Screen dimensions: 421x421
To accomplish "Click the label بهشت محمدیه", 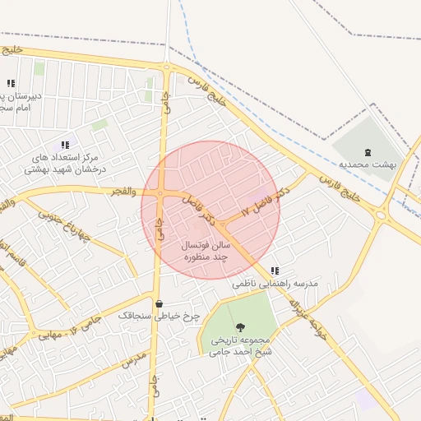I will [x=368, y=164].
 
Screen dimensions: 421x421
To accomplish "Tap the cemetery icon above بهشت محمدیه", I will [x=368, y=151].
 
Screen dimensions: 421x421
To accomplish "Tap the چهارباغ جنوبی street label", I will [x=67, y=226].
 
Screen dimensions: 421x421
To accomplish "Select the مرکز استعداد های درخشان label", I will [x=65, y=163].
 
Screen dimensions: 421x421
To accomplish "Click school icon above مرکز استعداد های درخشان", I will [x=65, y=145].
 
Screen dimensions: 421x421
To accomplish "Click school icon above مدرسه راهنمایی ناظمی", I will [x=275, y=270].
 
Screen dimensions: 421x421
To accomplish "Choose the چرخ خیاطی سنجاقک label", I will [x=159, y=316].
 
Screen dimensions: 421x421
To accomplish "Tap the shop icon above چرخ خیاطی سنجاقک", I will [x=159, y=303].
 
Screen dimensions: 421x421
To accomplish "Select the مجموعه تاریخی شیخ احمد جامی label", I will [x=239, y=345].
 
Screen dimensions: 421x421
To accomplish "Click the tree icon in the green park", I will [x=240, y=328].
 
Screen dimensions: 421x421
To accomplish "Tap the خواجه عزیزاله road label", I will [x=303, y=316].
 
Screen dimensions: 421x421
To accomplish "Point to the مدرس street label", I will [x=132, y=359].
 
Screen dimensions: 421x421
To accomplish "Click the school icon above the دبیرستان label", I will [x=11, y=83].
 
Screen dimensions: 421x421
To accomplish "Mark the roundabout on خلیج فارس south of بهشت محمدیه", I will [x=381, y=215].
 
